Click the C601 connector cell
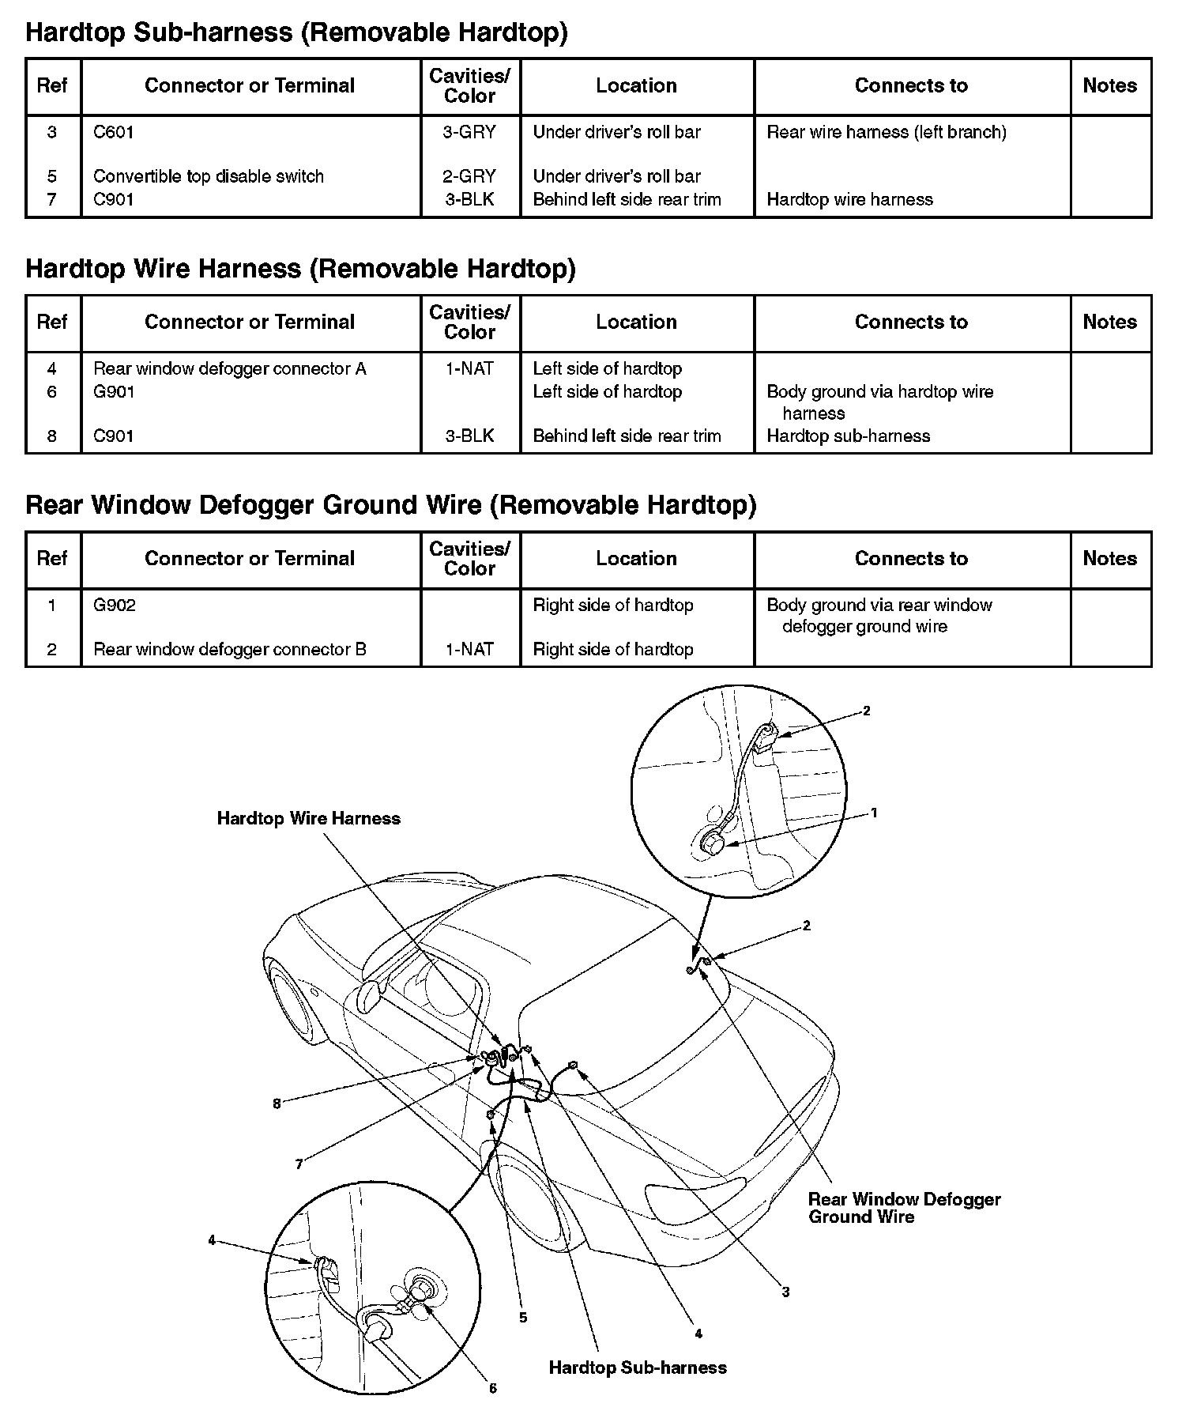[x=114, y=132]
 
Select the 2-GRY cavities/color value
[x=469, y=176]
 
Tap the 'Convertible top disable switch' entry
[x=209, y=176]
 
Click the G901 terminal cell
[x=114, y=391]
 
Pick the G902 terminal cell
[x=115, y=605]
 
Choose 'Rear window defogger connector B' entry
[x=230, y=649]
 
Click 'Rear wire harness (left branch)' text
[x=887, y=132]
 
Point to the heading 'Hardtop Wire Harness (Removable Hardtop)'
[x=300, y=269]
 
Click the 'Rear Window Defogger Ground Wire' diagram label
[x=904, y=1208]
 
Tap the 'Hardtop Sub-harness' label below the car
[x=638, y=1368]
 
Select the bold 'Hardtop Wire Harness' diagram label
[x=308, y=818]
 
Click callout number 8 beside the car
[x=277, y=1104]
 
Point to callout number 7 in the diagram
[x=299, y=1164]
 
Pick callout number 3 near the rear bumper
[x=785, y=1292]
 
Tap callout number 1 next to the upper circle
[x=874, y=813]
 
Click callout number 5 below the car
[x=523, y=1318]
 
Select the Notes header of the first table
[x=1109, y=85]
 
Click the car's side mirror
[x=370, y=998]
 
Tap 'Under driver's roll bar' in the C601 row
[x=616, y=132]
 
